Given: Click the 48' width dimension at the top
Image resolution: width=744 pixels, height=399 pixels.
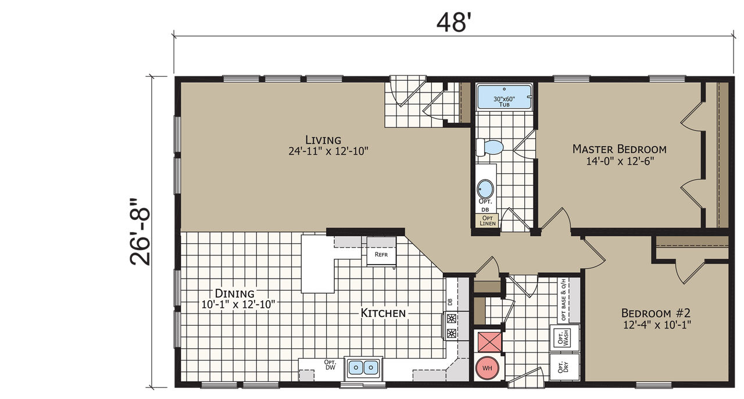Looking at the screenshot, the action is (x=454, y=23).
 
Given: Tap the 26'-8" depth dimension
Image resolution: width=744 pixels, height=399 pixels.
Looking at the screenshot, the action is (x=140, y=232).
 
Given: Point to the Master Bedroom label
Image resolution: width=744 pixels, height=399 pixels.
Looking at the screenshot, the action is (x=620, y=149).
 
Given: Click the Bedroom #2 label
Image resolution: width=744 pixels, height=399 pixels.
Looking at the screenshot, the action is (x=656, y=313).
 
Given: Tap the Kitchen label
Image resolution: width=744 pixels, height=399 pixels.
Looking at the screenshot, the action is (x=383, y=313).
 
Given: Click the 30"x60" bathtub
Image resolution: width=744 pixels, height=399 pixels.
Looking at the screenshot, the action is (x=504, y=97).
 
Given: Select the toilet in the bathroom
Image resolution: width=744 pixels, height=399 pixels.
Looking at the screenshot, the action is (x=490, y=147).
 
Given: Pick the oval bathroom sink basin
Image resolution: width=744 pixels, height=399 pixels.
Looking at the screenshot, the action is (x=485, y=189).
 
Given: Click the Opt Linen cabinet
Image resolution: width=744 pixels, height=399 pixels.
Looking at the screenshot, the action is (x=487, y=220).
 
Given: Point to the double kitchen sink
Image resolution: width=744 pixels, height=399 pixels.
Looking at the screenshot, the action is (x=363, y=368).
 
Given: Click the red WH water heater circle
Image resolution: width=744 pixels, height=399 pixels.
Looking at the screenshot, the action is (x=487, y=368).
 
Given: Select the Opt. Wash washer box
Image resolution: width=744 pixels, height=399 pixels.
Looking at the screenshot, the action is (x=564, y=337).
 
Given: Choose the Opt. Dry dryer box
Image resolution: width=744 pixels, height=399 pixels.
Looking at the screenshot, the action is (x=564, y=367).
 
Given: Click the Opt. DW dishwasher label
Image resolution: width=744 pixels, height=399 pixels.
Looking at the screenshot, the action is (x=330, y=365).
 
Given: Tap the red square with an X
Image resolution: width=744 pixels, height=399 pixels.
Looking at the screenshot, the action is (x=489, y=341).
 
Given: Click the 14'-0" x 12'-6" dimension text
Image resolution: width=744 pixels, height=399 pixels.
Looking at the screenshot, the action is (x=620, y=161).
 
